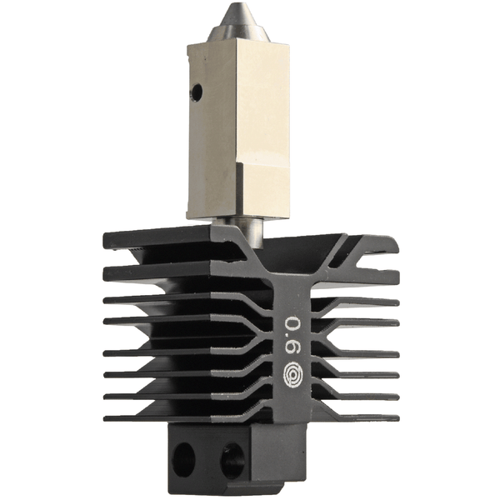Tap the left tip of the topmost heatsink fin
[107, 242]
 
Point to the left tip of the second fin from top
[107, 272]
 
